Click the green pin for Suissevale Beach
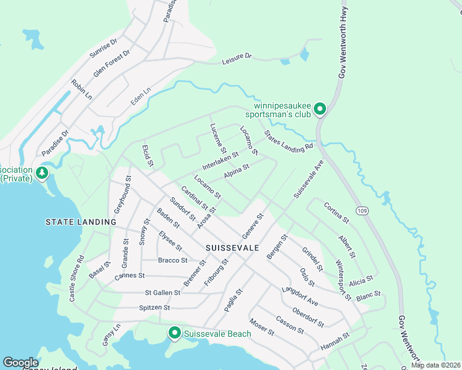pos(174,334)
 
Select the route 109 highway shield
pos(362,211)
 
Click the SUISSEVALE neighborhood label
pos(232,247)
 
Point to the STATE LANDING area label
pos(80,221)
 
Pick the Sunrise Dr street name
pos(103,48)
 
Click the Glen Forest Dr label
pos(112,63)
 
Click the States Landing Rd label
pos(288,141)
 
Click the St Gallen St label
pos(162,292)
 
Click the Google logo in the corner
pos(20,363)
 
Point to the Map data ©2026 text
pos(435,365)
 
